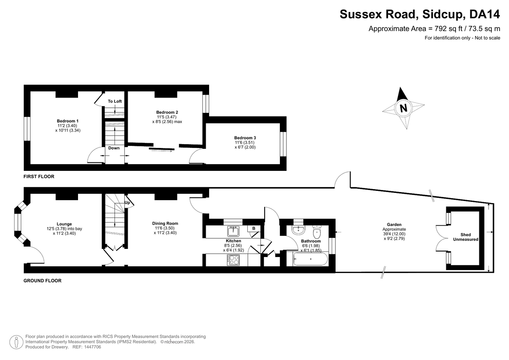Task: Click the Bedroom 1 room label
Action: point(67,121)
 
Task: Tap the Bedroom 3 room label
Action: point(245,138)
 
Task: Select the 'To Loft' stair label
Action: point(115,101)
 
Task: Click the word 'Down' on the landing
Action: point(114,148)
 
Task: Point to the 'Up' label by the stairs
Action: point(127,202)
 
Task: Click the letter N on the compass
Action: point(403,108)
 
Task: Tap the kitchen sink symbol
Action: point(233,231)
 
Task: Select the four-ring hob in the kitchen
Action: point(233,260)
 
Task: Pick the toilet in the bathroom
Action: point(316,232)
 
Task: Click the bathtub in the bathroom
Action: point(310,259)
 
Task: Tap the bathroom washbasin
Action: point(299,230)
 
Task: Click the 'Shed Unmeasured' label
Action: point(466,237)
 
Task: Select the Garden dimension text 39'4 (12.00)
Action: point(394,234)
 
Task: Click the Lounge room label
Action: point(64,224)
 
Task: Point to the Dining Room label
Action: point(165,223)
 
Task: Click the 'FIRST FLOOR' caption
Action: point(39,176)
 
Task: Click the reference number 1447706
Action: point(92,347)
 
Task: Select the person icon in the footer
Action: point(17,342)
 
